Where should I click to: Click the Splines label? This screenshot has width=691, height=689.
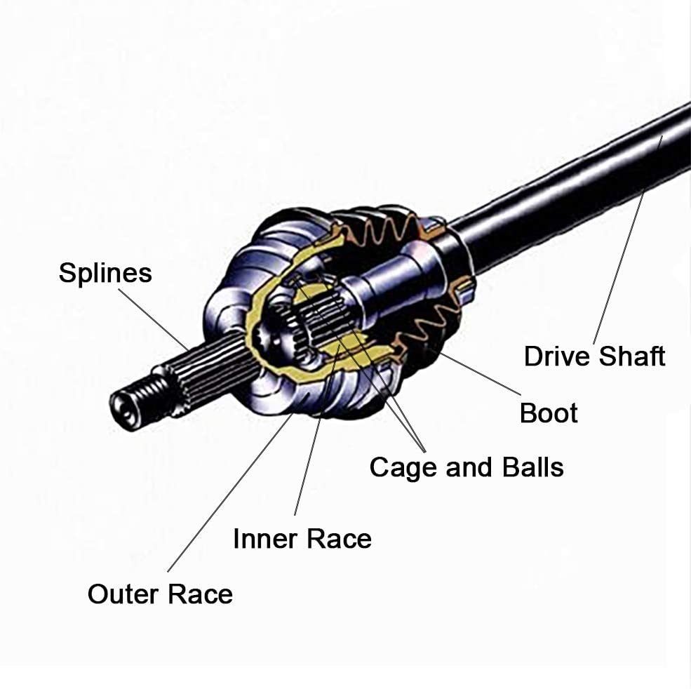pos(105,273)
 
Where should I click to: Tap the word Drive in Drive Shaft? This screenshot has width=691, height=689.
pos(555,356)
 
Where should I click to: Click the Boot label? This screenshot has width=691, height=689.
pos(549,413)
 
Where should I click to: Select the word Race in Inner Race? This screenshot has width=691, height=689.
pos(341,539)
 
